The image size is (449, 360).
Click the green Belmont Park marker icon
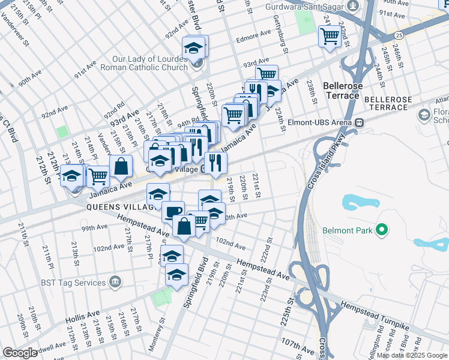coord(381,230)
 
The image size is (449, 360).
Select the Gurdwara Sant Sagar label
coord(306,7)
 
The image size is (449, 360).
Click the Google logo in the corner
coord(20,353)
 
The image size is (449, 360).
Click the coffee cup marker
coord(173,211)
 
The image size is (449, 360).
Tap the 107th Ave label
coord(297,347)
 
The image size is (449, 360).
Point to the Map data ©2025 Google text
coord(412,355)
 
